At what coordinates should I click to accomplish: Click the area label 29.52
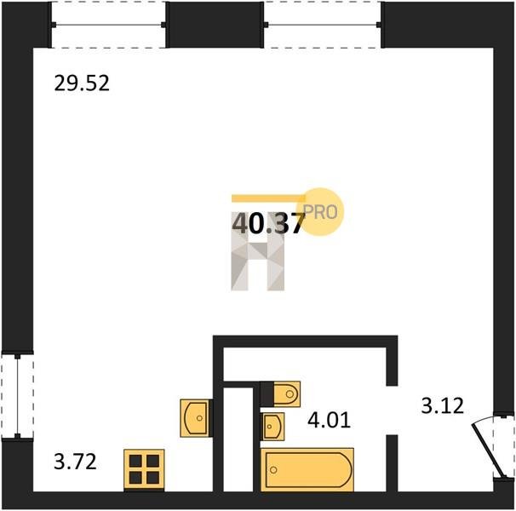(82, 83)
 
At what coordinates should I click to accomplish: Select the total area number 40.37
(268, 223)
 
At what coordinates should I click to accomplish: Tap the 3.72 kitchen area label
(75, 462)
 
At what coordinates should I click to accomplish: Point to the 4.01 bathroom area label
(329, 420)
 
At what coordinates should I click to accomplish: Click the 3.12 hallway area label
(442, 405)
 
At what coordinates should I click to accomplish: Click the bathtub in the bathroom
(307, 469)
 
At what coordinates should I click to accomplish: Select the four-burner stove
(144, 469)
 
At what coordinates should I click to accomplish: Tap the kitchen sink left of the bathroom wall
(195, 418)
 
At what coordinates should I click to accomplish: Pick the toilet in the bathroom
(286, 393)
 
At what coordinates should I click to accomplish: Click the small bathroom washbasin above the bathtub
(273, 427)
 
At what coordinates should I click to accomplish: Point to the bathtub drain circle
(273, 470)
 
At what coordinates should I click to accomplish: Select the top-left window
(108, 25)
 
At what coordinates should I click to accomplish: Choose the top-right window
(323, 25)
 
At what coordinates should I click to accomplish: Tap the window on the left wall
(17, 396)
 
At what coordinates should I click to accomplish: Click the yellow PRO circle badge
(320, 212)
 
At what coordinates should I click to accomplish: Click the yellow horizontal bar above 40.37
(268, 198)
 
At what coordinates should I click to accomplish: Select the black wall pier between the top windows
(215, 25)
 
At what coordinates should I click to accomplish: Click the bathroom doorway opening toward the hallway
(392, 411)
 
